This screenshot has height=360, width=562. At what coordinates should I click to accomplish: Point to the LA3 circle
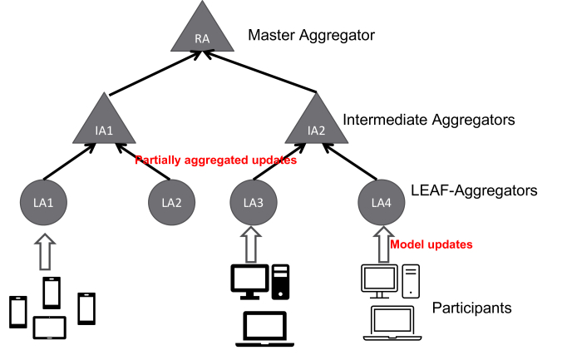coord(252,202)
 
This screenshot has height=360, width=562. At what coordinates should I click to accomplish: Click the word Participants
coord(471,308)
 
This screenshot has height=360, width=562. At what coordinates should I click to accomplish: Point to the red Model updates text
coord(431,244)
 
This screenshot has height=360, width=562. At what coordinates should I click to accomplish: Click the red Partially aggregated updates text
coord(215,160)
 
